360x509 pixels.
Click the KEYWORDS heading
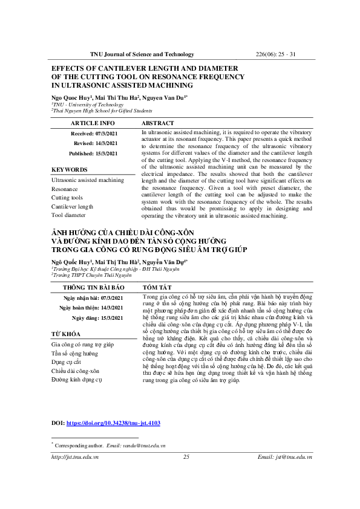coord(70,170)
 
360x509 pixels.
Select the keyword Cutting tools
coord(67,198)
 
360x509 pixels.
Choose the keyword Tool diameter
coord(69,215)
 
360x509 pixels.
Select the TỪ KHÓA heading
coord(67,334)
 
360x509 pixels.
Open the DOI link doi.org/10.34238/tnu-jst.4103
coord(113,424)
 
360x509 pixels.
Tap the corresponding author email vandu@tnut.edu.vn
coord(145,445)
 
